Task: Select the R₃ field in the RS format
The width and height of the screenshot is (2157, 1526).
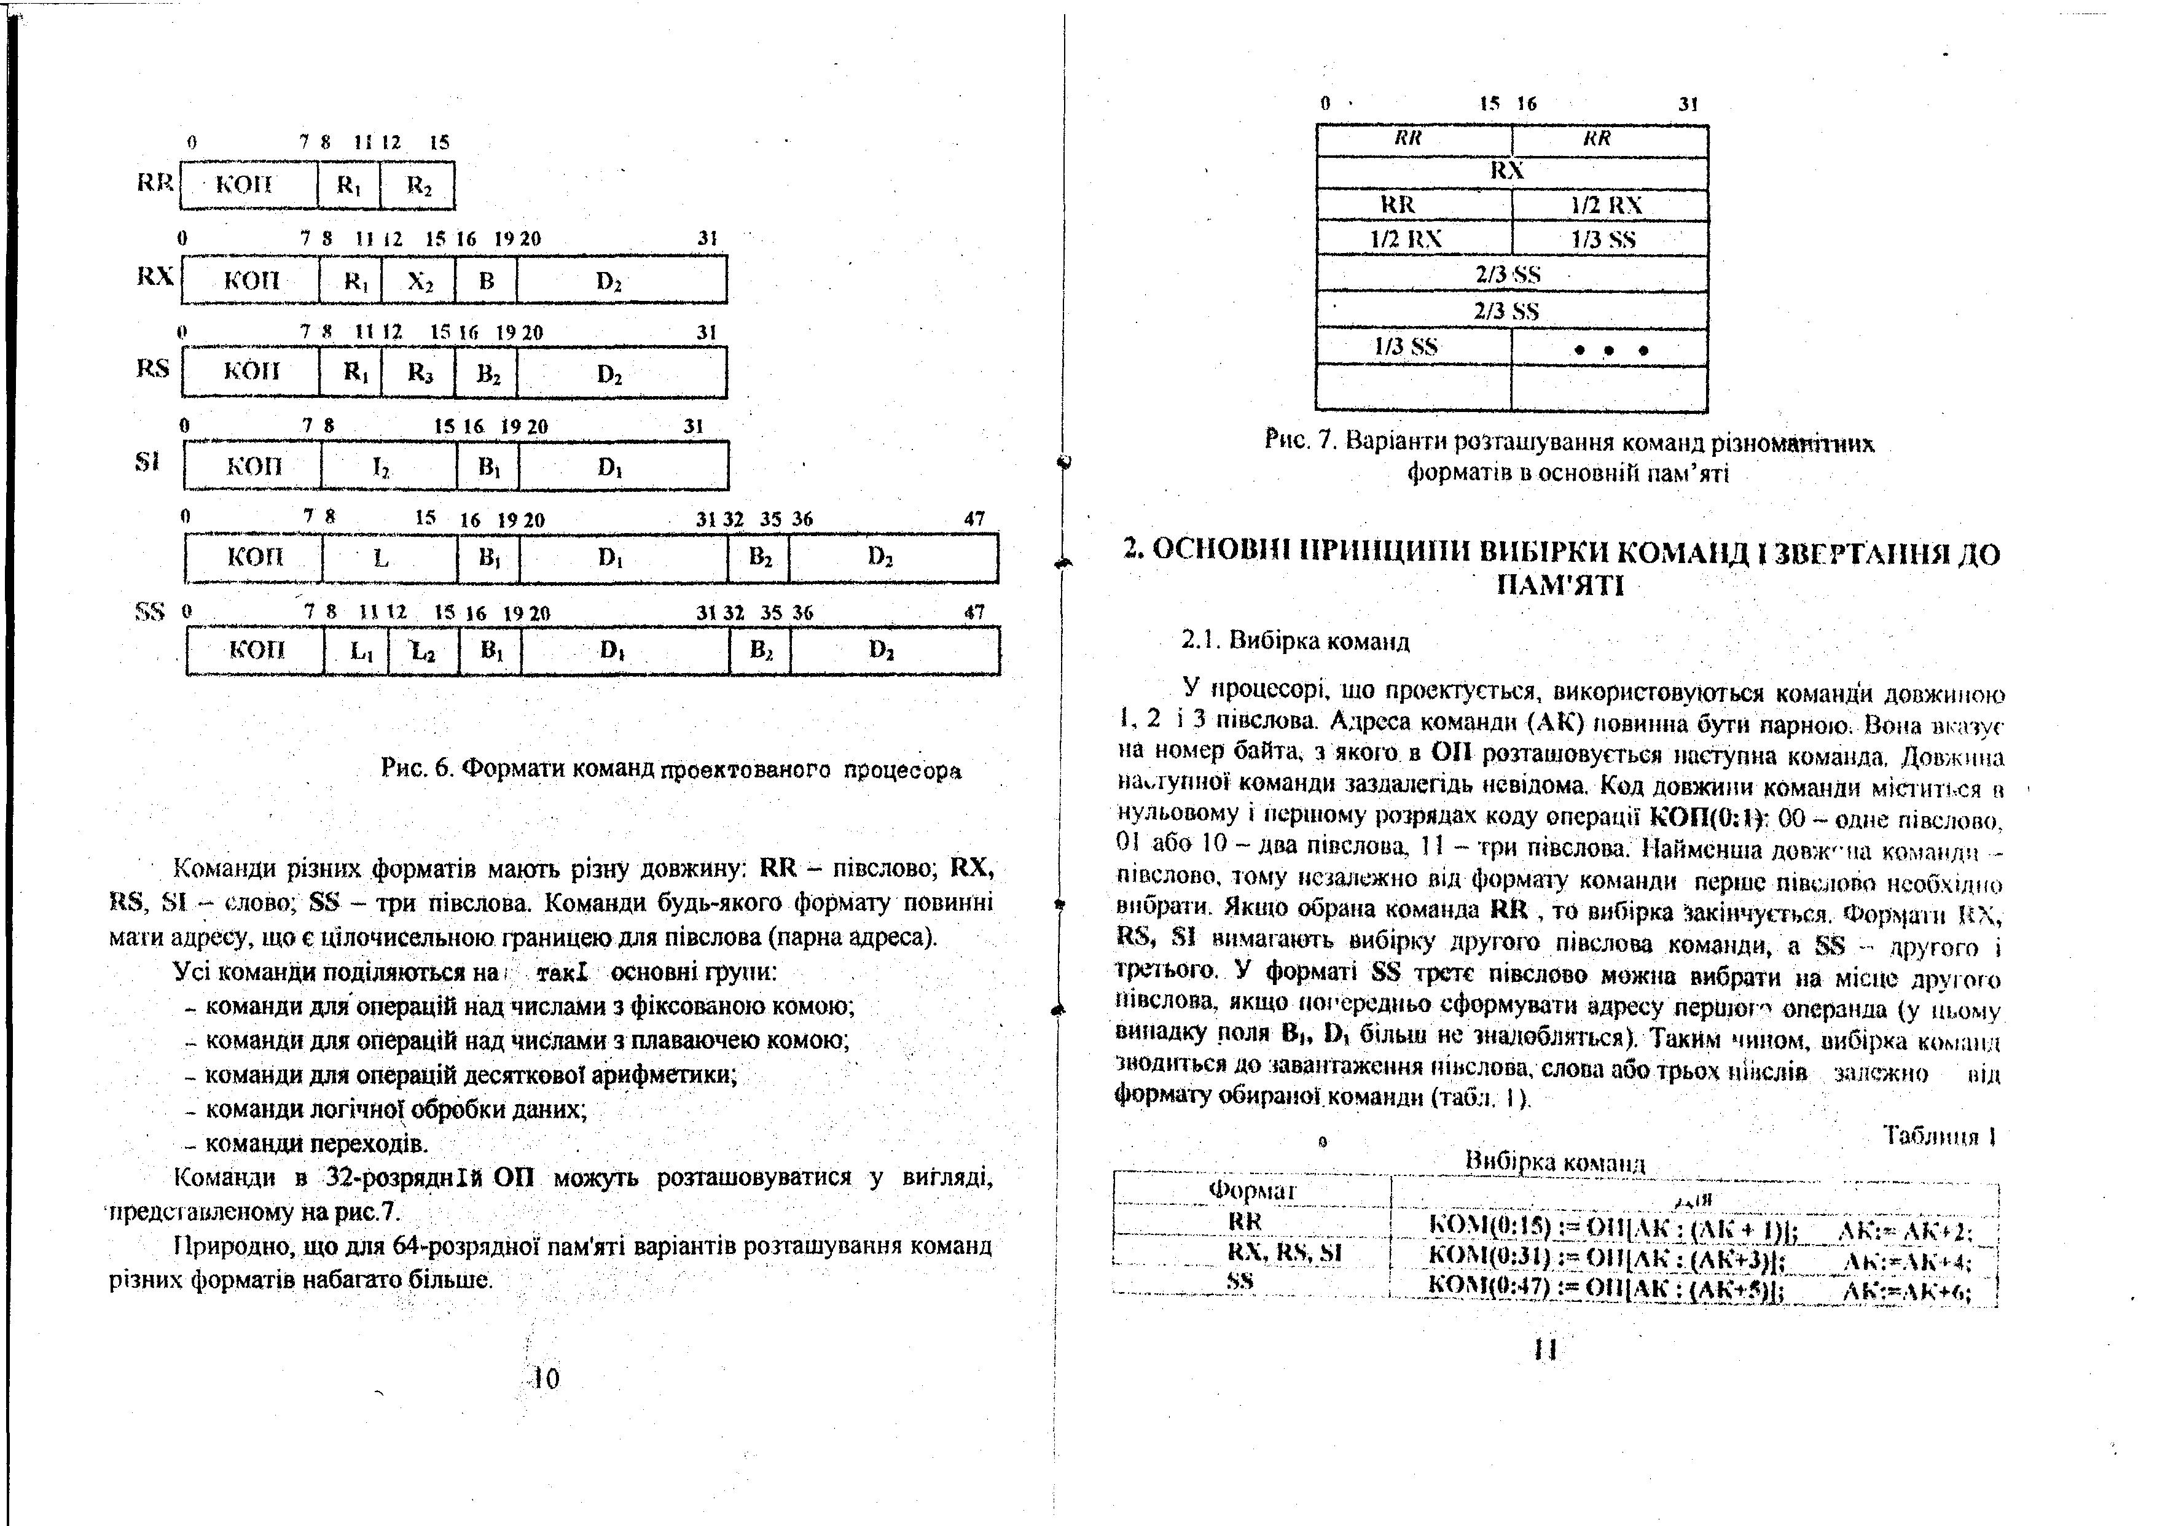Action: [418, 373]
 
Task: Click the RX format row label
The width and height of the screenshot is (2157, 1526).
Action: [155, 276]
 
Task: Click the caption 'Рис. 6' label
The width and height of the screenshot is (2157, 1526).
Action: [419, 769]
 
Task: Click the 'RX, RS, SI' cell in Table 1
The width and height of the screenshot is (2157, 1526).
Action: [1285, 1253]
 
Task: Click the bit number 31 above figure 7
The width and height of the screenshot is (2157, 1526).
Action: [1689, 104]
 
